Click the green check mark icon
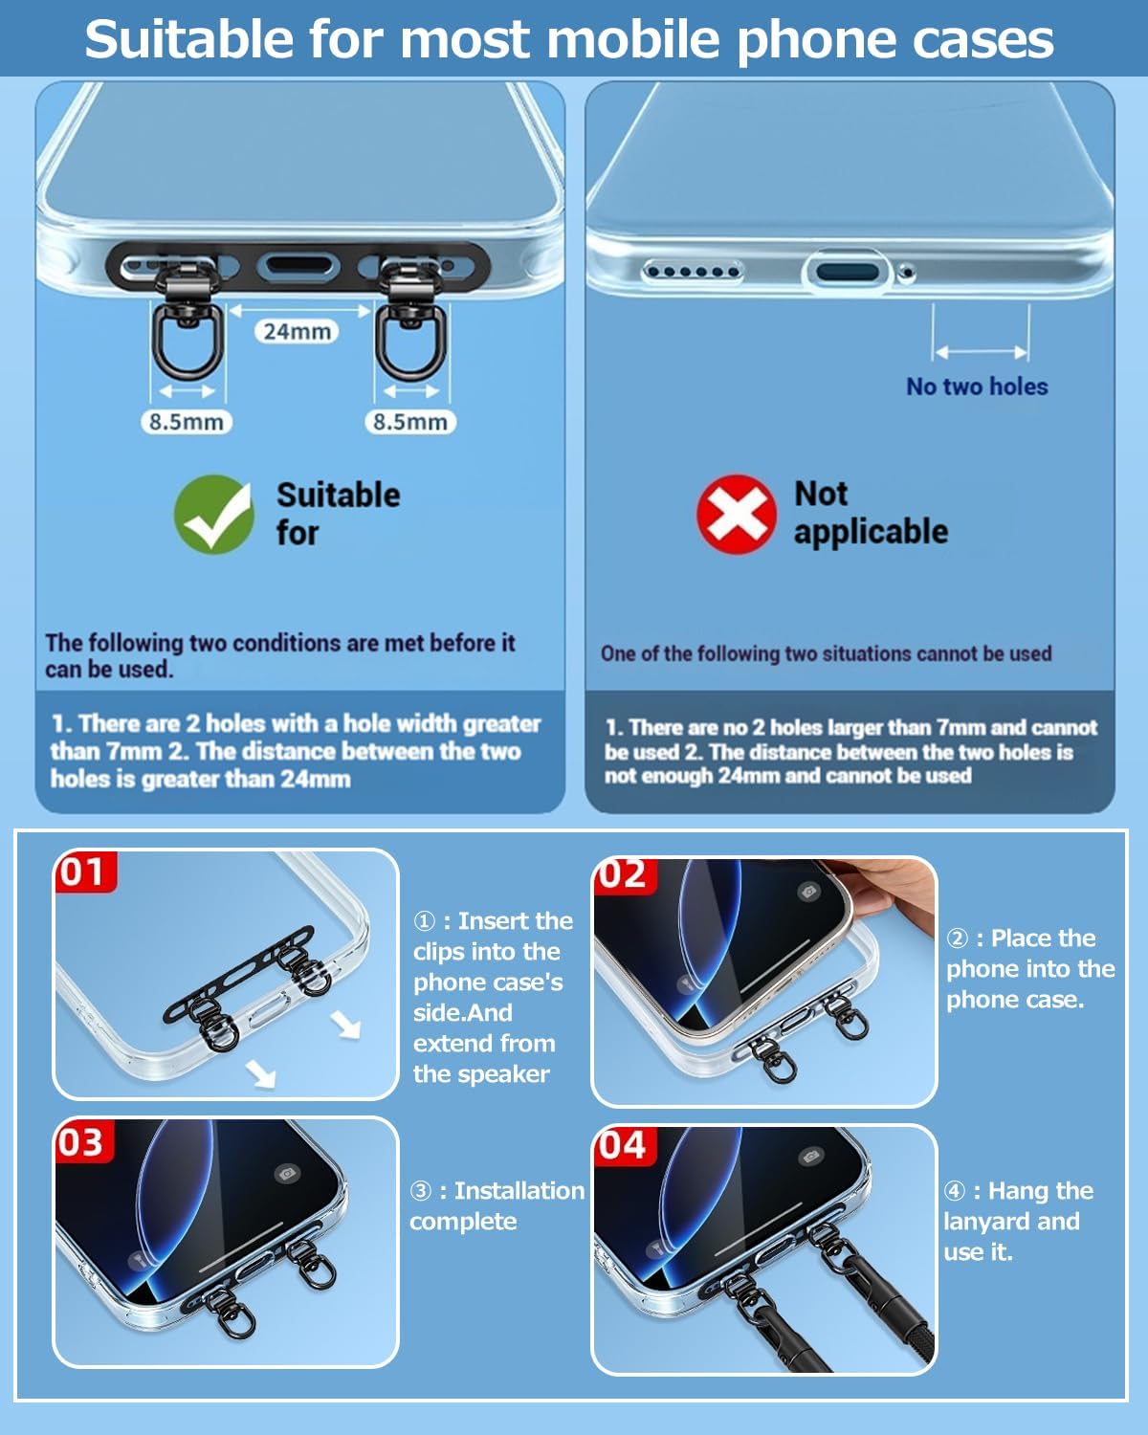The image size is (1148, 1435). tap(213, 514)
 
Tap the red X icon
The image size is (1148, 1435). tap(737, 514)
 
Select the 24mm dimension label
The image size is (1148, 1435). tap(297, 331)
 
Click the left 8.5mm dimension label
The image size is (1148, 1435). tap(187, 422)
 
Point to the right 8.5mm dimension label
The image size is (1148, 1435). tap(410, 422)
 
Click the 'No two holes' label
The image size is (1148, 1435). tap(977, 386)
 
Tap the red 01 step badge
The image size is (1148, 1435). tap(84, 872)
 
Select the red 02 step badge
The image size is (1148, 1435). tap(625, 874)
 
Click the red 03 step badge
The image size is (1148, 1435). tap(82, 1141)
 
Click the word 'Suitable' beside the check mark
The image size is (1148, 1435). tap(339, 496)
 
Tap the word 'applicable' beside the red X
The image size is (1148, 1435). tap(871, 533)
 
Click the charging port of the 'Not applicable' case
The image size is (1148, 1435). tap(848, 272)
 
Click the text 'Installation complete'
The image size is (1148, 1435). tap(497, 1206)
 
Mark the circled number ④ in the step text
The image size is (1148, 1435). tap(955, 1191)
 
